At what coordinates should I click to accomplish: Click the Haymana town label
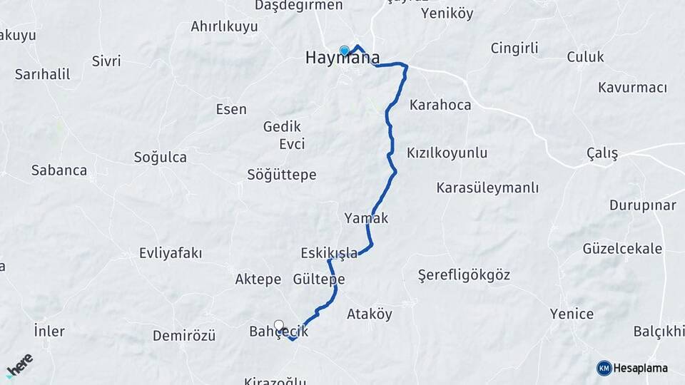342,58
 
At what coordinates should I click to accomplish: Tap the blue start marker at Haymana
345,51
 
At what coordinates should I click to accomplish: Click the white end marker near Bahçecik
278,325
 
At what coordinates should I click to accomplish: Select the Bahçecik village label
278,332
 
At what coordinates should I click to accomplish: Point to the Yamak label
366,218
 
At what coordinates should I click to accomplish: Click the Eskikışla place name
329,253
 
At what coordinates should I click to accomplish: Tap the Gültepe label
319,279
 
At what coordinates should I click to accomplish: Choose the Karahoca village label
440,105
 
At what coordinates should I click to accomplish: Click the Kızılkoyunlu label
447,153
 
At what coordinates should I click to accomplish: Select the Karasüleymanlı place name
487,188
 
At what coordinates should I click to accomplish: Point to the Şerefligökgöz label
464,275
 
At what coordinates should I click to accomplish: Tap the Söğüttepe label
281,175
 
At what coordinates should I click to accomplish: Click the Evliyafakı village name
171,253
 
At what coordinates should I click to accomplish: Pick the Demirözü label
184,335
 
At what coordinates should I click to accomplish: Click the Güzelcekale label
622,249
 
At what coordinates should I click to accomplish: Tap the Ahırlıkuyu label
223,26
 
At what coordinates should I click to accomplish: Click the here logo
19,365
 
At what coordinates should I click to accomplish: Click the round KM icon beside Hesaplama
604,368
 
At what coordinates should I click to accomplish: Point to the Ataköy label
369,314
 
